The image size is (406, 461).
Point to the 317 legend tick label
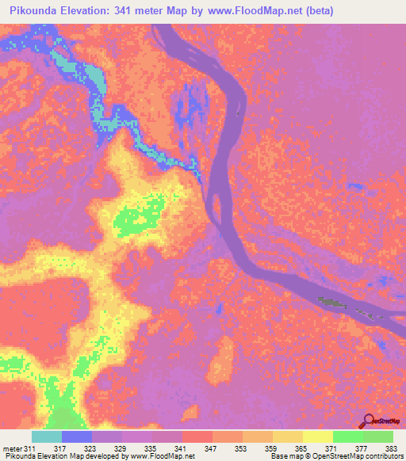pos(77,448)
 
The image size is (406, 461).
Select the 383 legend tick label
pos(391,448)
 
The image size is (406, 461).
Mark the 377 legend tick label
pos(363,448)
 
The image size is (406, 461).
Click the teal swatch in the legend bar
pos(47,436)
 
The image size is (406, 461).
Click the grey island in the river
pos(334,302)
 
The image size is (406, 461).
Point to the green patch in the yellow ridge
pos(140,213)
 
